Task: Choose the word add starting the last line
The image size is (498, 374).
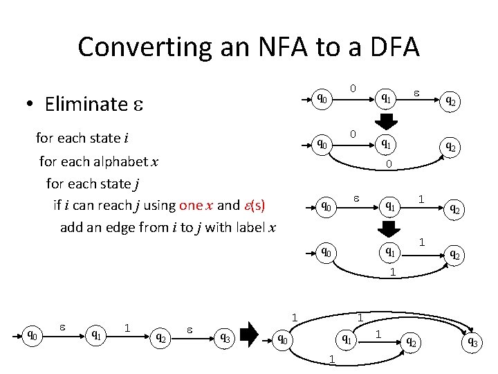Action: pos(72,228)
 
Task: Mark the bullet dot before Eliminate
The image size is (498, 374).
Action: pos(30,105)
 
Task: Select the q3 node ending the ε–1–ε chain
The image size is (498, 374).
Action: pos(225,337)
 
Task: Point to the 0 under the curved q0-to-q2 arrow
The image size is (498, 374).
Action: pos(389,164)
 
